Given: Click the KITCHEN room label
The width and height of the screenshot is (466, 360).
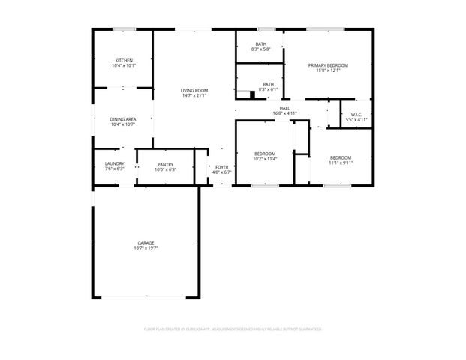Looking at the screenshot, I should (123, 60).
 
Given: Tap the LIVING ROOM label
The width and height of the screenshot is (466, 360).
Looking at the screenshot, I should (194, 90).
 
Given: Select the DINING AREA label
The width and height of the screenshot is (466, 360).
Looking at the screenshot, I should (123, 119).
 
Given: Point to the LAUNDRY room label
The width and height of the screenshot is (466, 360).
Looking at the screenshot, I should (114, 163).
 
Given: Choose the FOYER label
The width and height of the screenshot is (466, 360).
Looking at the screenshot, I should (222, 167).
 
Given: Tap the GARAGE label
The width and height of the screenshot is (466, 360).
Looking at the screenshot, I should (146, 242).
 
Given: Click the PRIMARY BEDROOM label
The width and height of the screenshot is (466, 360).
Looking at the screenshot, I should (328, 65).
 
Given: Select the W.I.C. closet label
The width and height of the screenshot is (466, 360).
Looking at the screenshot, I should (356, 114).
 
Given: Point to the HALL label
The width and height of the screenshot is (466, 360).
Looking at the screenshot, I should (285, 108).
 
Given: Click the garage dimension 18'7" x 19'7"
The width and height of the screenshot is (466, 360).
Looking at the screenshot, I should (146, 247).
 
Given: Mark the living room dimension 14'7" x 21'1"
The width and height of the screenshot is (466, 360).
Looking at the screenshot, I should (194, 95).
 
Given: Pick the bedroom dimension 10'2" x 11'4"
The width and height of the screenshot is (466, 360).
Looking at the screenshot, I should (265, 159).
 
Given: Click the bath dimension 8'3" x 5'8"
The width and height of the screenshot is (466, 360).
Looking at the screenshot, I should (260, 49).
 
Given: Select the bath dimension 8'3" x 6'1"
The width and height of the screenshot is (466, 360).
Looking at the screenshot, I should (268, 90).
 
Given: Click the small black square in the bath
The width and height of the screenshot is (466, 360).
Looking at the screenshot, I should (252, 95).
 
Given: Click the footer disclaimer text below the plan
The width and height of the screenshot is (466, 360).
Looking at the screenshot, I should (233, 328).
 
